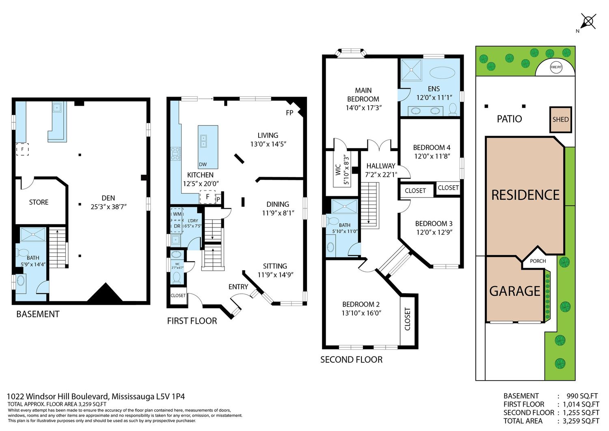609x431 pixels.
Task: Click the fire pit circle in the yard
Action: click(x=556, y=67)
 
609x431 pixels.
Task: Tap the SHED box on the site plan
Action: click(x=560, y=119)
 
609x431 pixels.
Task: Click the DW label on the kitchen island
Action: click(x=203, y=165)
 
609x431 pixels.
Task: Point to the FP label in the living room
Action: click(x=289, y=113)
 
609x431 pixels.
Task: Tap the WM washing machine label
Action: click(x=177, y=214)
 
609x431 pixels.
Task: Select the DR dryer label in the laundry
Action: click(x=177, y=226)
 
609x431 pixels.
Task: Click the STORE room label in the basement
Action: click(x=39, y=202)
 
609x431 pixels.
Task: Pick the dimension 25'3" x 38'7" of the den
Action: click(x=108, y=207)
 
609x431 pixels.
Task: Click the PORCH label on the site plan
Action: click(x=538, y=261)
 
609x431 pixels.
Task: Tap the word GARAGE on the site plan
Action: click(x=515, y=291)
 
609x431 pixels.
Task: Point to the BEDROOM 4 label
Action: click(x=432, y=147)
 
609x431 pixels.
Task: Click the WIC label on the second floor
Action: click(x=338, y=170)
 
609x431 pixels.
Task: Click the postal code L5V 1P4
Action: click(x=171, y=396)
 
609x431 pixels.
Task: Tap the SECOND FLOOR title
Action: click(x=351, y=360)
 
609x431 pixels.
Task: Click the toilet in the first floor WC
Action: click(x=177, y=277)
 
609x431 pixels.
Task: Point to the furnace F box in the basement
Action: click(x=22, y=149)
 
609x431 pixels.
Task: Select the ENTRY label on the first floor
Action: click(x=238, y=287)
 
